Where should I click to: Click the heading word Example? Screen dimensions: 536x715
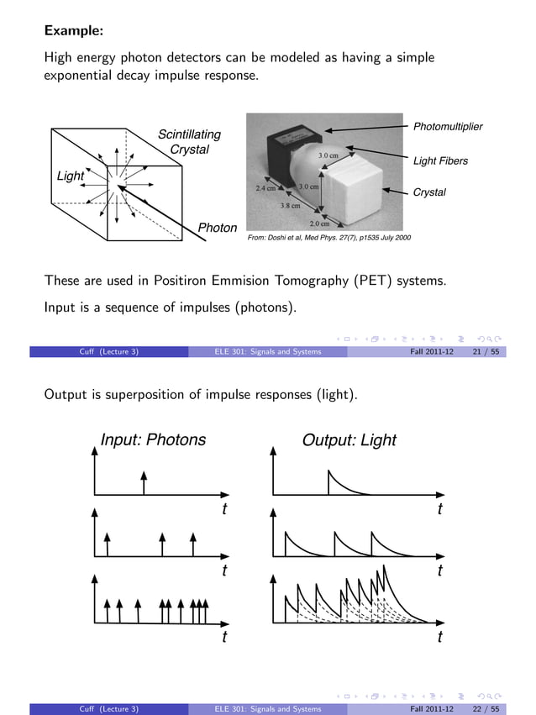click(x=73, y=31)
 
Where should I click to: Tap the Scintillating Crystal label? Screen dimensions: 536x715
click(x=190, y=142)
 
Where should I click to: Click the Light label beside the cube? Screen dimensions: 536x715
click(x=71, y=176)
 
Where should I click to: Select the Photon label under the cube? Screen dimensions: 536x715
click(x=217, y=228)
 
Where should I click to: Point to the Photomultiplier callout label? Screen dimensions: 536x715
click(x=448, y=127)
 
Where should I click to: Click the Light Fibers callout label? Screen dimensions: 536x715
click(x=440, y=160)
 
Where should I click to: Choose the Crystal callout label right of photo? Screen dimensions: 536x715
click(x=429, y=192)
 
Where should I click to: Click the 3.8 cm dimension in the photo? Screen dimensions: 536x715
click(x=290, y=204)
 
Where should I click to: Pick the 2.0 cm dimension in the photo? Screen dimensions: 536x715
click(x=319, y=223)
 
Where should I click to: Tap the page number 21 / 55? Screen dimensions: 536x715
click(x=487, y=351)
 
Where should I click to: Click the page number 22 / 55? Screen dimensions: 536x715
click(x=487, y=709)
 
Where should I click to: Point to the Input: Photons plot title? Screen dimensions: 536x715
click(x=153, y=439)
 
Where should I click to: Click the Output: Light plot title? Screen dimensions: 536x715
click(x=349, y=439)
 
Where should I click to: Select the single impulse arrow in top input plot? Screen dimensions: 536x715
click(x=145, y=482)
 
